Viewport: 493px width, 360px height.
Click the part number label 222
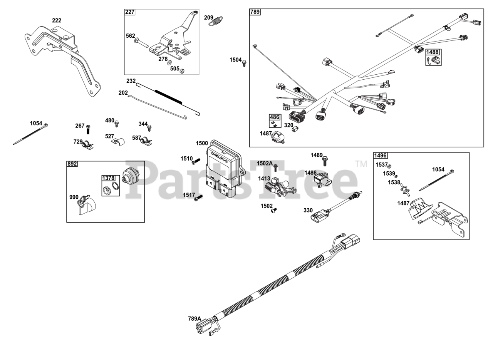click(57, 20)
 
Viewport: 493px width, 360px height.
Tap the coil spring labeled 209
click(216, 21)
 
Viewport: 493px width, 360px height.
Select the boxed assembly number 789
click(255, 12)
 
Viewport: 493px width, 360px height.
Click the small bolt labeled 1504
click(244, 63)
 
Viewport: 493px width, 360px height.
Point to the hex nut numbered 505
click(183, 70)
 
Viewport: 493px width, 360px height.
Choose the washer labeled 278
click(170, 62)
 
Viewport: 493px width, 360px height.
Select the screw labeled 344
click(149, 127)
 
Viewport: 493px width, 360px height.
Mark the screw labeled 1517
click(198, 198)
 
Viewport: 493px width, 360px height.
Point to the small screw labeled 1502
click(274, 210)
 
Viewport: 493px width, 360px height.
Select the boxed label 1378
click(108, 178)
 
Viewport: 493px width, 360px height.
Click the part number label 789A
click(194, 318)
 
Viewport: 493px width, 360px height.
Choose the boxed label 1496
click(380, 156)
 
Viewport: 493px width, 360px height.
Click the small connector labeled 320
click(295, 130)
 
